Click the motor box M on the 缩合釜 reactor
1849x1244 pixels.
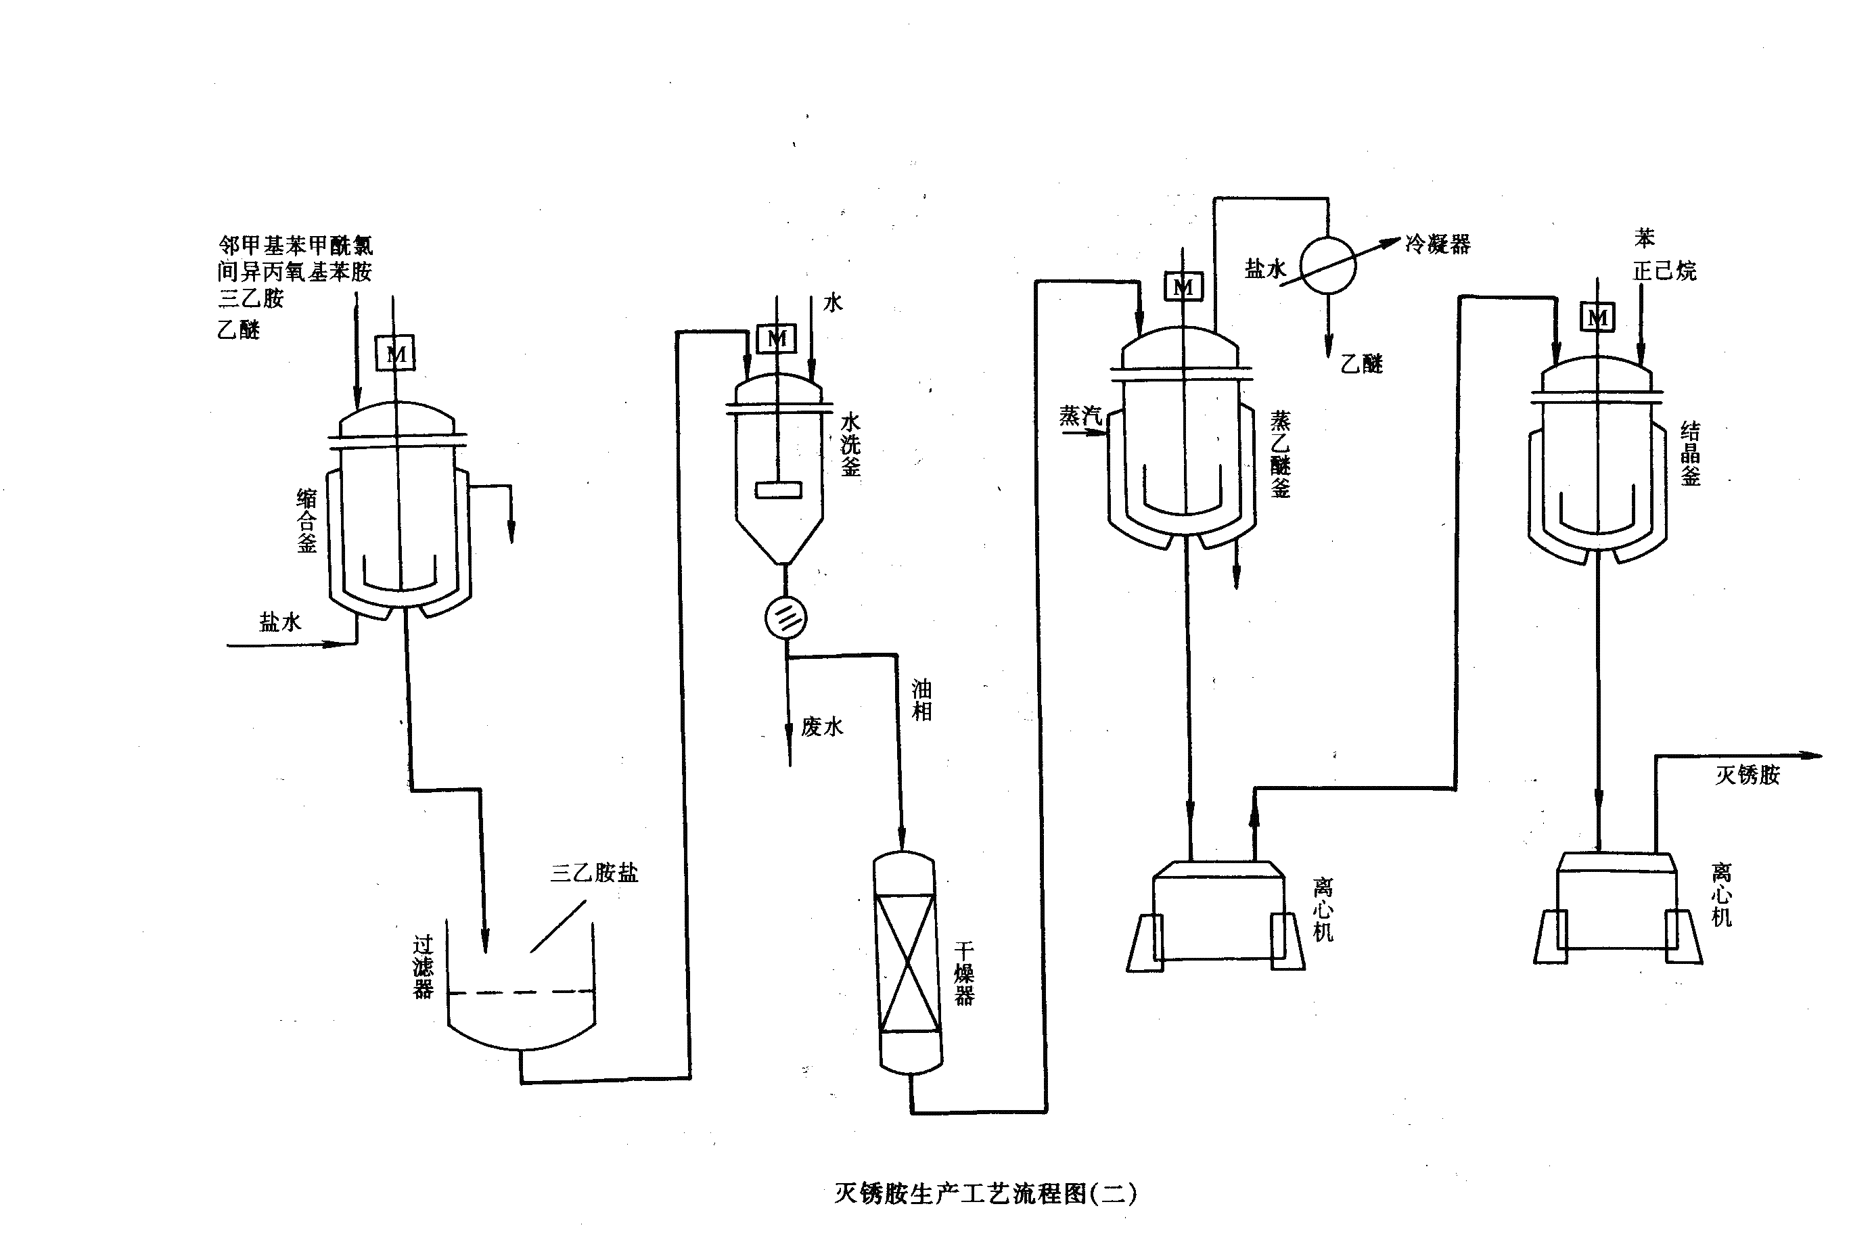coord(395,353)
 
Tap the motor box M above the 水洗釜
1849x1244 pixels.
coord(777,339)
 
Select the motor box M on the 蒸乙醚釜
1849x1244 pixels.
coord(1183,286)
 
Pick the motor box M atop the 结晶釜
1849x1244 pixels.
coord(1597,317)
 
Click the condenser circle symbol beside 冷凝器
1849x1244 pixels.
coord(1328,266)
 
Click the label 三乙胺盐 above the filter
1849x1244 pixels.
coord(594,873)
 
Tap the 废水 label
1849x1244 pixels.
coord(822,726)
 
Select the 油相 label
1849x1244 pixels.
coord(921,699)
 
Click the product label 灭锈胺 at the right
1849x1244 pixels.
coord(1748,775)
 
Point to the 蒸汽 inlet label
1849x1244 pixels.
coord(1080,416)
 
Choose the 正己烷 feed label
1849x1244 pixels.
coord(1664,271)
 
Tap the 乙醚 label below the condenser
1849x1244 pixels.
coord(1361,364)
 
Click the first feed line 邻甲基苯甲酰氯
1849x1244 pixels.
coord(295,244)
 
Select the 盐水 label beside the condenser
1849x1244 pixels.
coord(1264,269)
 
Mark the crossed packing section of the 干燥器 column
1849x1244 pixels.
coord(907,963)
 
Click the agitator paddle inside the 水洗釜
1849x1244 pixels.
coord(778,490)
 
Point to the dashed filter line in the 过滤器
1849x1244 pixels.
coord(521,992)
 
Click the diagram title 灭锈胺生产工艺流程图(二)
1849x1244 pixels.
coord(984,1193)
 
